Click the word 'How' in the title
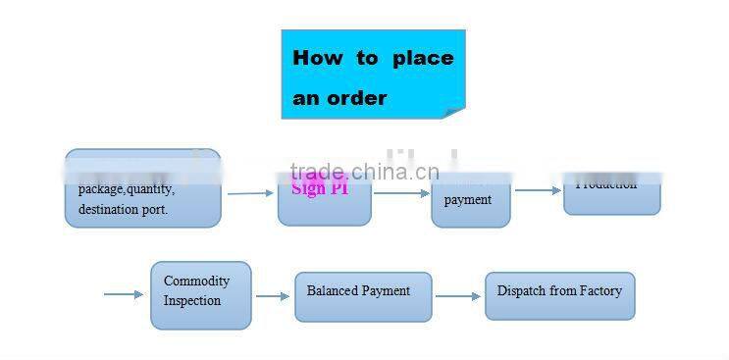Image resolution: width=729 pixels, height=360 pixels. [x=318, y=58]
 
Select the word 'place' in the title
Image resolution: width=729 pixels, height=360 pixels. [x=423, y=58]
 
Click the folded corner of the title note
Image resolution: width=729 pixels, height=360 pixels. [x=453, y=111]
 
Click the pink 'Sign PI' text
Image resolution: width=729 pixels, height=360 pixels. [x=320, y=188]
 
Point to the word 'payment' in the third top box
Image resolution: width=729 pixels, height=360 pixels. [x=468, y=200]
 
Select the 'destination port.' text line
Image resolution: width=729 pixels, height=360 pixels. [x=123, y=209]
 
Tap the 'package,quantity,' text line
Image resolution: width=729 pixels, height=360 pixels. [x=127, y=189]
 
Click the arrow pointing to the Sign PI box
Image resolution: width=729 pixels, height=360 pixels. [x=251, y=193]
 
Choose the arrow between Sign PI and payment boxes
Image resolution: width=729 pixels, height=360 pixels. [x=401, y=193]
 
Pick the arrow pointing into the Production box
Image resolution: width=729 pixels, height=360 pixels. [x=538, y=190]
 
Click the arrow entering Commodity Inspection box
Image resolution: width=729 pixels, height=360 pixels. [x=124, y=293]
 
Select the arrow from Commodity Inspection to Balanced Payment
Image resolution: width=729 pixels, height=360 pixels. [x=273, y=296]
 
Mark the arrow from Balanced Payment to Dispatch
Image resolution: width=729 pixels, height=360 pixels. [x=458, y=296]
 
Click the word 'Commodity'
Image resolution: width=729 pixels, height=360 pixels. [x=196, y=282]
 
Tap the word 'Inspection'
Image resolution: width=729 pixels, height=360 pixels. [x=192, y=301]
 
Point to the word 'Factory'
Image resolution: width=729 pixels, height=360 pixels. [x=599, y=291]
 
